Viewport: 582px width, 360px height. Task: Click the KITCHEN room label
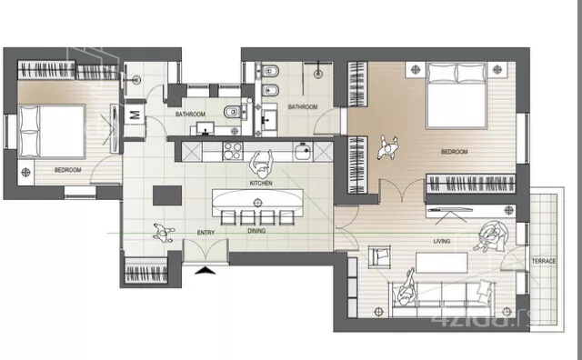click(x=261, y=183)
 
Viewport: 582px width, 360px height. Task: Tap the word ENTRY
click(x=206, y=233)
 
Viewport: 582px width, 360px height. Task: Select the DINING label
click(x=256, y=231)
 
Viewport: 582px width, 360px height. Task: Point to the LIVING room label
click(x=442, y=241)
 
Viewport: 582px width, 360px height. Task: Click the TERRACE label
click(x=544, y=261)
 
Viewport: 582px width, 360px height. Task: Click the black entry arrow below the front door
click(x=206, y=270)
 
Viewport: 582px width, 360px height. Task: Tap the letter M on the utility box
click(x=135, y=115)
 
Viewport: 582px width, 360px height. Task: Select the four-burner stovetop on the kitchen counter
click(x=233, y=152)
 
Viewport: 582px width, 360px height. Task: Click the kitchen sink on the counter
click(x=303, y=151)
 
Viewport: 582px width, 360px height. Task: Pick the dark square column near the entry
click(x=167, y=195)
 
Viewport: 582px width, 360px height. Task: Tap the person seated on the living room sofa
click(x=407, y=287)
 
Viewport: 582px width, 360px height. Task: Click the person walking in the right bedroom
click(x=388, y=147)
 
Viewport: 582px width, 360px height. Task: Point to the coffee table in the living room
click(x=442, y=263)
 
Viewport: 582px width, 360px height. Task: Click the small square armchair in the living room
click(x=379, y=256)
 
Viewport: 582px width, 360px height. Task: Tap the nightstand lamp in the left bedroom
click(x=25, y=172)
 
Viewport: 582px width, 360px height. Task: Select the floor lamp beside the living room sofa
click(x=378, y=311)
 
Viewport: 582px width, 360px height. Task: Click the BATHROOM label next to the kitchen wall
click(x=190, y=115)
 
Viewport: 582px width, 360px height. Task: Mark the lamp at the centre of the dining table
click(x=257, y=203)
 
